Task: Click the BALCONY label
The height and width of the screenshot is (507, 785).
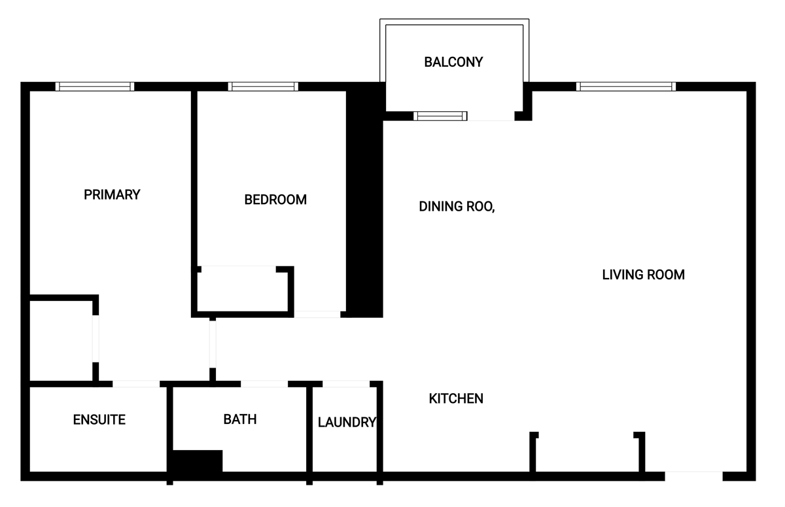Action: pos(453,62)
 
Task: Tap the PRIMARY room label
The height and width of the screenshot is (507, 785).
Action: pos(112,194)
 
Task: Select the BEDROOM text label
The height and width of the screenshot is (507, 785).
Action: pos(275,200)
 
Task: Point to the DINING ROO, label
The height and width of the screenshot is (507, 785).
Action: pos(457,206)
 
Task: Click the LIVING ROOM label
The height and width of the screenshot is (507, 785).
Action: pos(644,275)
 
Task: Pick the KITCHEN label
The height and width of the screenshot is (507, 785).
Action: pos(456,398)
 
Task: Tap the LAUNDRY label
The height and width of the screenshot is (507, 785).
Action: pos(347,422)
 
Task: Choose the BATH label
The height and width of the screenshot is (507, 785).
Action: pos(240,419)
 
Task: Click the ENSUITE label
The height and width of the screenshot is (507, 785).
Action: pos(99,419)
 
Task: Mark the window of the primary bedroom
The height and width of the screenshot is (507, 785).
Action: pos(95,86)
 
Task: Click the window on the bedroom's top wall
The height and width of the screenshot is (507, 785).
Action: pos(263,86)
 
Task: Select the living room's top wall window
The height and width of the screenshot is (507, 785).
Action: pos(626,86)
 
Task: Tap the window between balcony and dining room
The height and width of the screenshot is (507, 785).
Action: pos(440,116)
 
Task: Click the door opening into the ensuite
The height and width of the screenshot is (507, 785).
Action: pos(136,384)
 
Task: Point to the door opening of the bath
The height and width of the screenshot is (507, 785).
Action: pos(264,384)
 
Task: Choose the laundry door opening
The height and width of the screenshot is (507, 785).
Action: pos(346,384)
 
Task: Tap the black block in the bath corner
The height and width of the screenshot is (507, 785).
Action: pos(198,461)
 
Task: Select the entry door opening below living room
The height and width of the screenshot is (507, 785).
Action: pos(694,476)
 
